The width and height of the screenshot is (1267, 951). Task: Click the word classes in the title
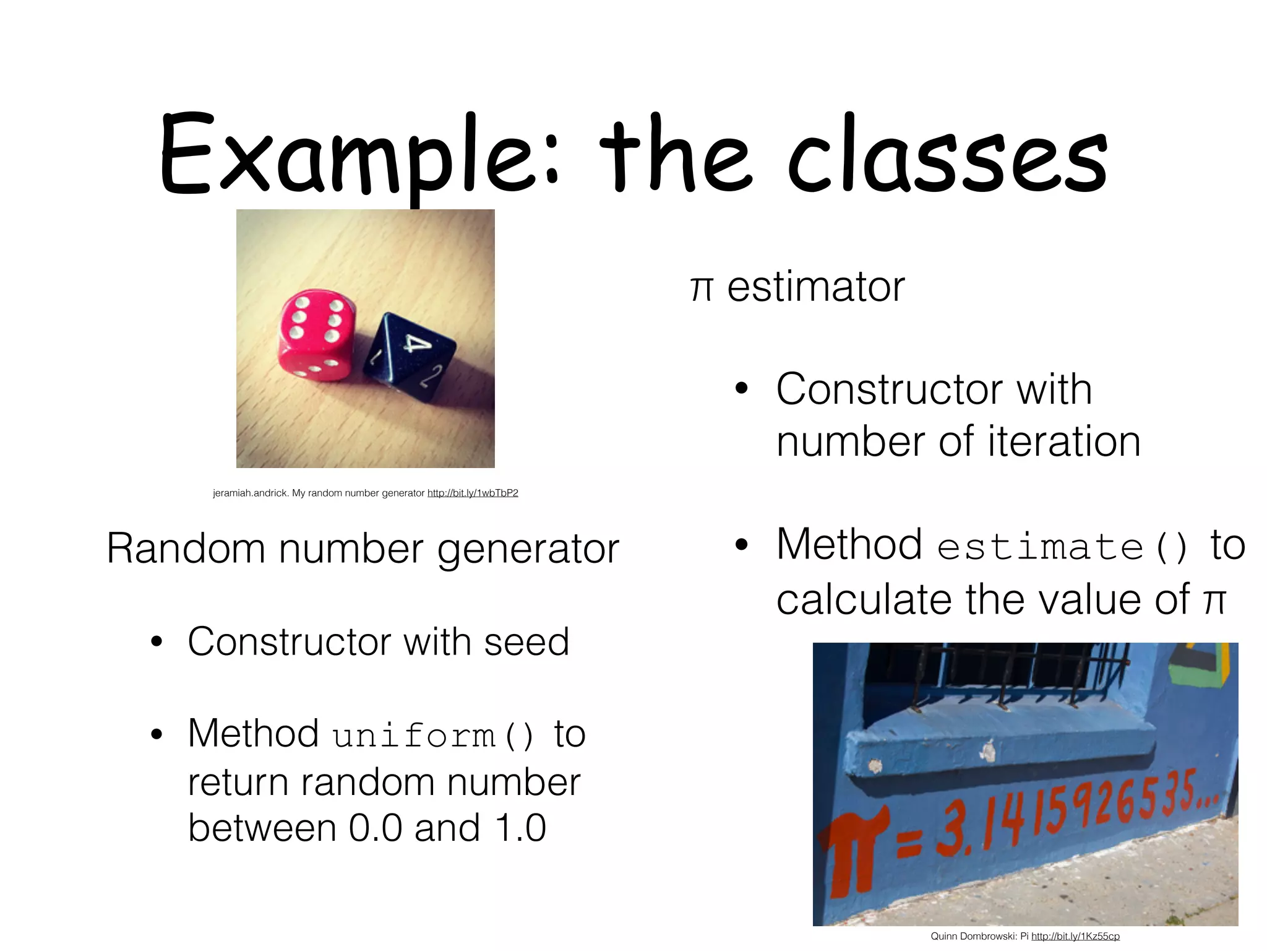(947, 155)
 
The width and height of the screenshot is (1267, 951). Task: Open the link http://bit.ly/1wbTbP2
(473, 493)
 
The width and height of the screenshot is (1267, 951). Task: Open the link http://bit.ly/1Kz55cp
(1075, 936)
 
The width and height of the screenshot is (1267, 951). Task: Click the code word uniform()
(433, 736)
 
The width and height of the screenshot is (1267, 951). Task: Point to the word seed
(526, 642)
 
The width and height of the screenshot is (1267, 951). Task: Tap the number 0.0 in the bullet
(376, 828)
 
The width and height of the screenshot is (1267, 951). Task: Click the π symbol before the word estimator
(702, 289)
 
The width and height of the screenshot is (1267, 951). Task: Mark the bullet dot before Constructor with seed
(157, 643)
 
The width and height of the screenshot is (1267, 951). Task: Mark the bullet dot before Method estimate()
(742, 545)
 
